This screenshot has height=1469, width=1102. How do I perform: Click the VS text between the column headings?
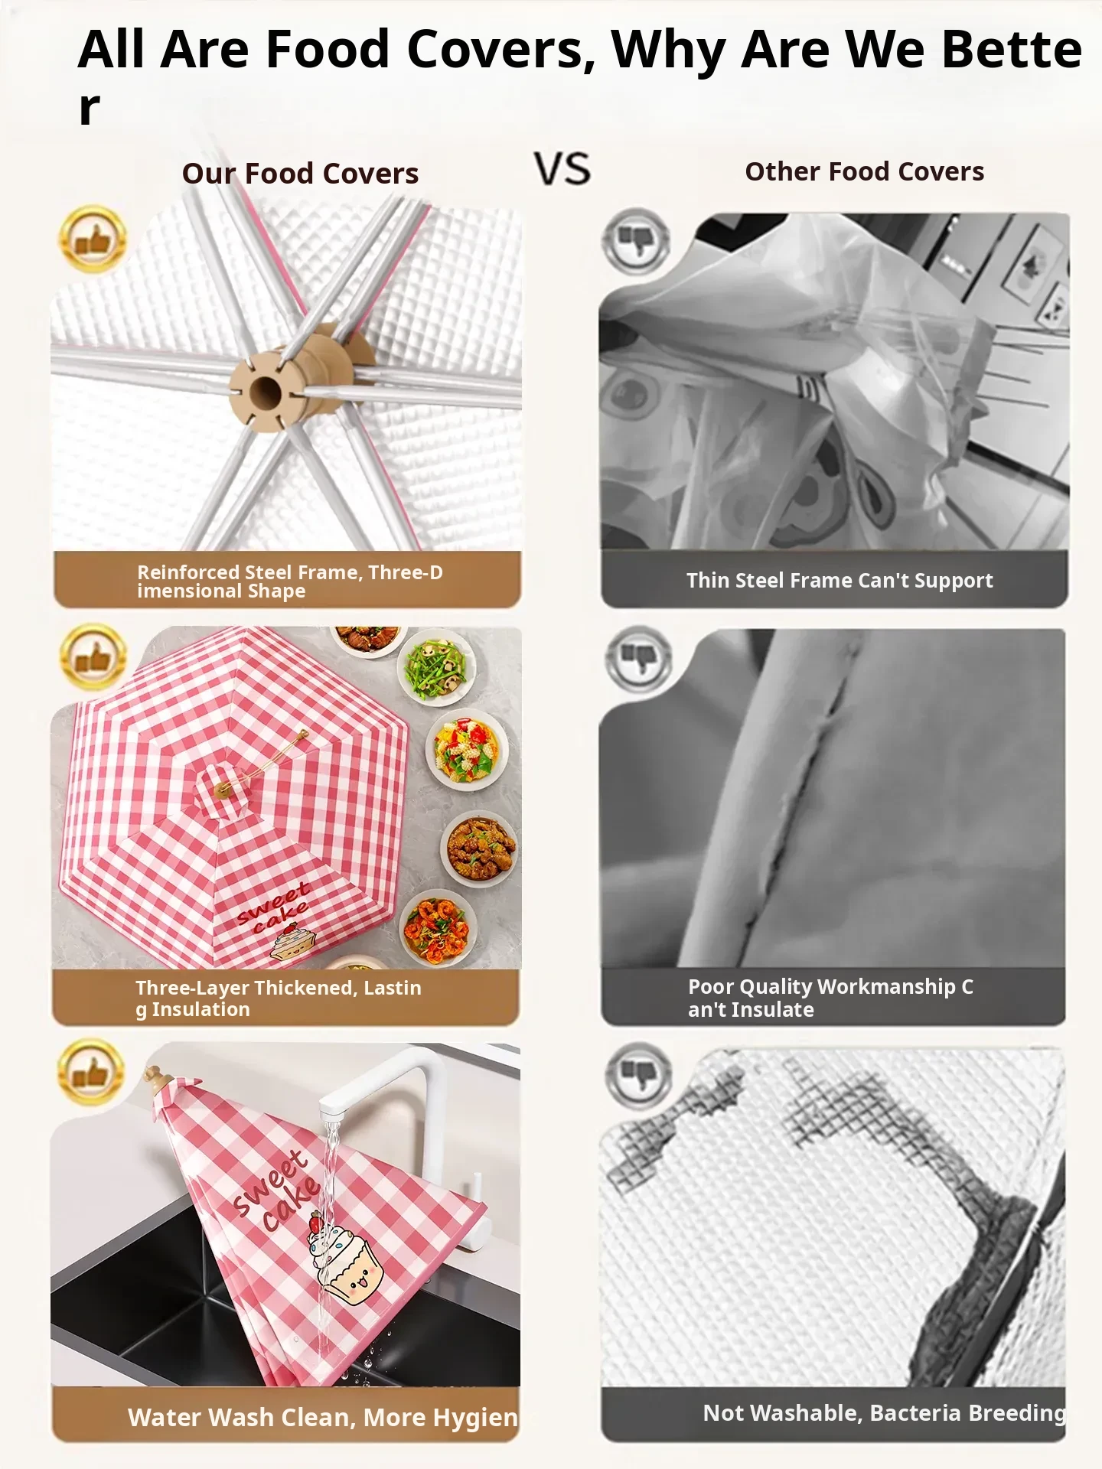(x=562, y=169)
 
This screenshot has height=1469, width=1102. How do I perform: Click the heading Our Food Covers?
(x=300, y=174)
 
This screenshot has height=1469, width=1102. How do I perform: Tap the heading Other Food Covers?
(x=865, y=171)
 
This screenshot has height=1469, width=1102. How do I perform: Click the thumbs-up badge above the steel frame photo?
(x=93, y=239)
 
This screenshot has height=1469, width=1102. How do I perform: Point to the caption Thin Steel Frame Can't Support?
(x=840, y=581)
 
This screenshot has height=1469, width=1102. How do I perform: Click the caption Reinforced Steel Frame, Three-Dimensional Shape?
(x=290, y=581)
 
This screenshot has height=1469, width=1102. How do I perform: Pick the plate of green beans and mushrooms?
(x=437, y=666)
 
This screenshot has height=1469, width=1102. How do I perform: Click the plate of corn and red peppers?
(x=466, y=751)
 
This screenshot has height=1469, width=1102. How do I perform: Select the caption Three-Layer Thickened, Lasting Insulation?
(x=279, y=998)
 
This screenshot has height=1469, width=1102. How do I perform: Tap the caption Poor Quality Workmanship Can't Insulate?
(x=830, y=998)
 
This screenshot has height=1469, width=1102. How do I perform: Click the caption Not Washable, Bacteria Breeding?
(x=885, y=1413)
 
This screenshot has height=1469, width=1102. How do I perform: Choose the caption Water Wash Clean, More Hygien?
(x=323, y=1418)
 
